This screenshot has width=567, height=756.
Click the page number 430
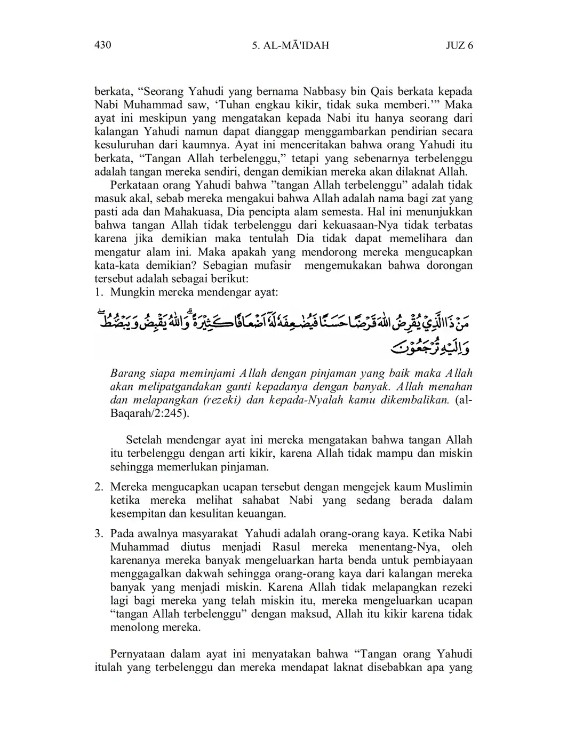point(102,45)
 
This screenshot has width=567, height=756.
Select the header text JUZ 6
point(459,46)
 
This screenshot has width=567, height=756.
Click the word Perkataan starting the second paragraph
point(133,185)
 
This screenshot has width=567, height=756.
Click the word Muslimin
point(448,487)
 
